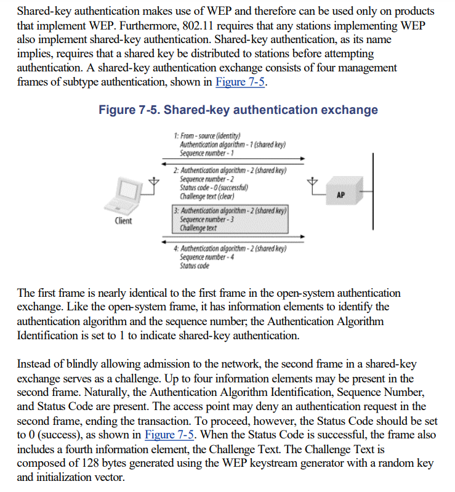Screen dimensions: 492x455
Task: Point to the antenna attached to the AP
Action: (313, 183)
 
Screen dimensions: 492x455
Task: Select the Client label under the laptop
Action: (123, 221)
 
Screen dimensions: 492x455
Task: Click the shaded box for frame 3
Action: (231, 219)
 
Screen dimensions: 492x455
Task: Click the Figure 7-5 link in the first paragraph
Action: (240, 83)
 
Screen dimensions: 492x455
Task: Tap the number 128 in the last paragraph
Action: (97, 462)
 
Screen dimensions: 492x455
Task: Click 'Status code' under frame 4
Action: (194, 266)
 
